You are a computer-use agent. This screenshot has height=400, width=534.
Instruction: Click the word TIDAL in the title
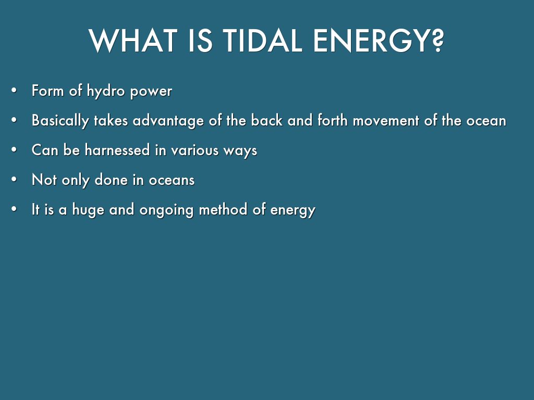[263, 41]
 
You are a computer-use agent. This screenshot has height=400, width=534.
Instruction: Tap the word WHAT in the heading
[133, 41]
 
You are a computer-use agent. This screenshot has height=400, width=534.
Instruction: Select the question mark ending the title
[435, 41]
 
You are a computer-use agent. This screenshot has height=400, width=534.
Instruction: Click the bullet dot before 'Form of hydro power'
[14, 91]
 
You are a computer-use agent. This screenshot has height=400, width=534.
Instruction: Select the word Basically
[60, 121]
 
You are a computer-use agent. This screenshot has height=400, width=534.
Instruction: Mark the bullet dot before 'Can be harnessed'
[14, 150]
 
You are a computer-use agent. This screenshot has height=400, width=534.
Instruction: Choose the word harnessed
[117, 150]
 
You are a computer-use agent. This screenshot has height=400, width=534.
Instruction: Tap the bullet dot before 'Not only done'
[14, 180]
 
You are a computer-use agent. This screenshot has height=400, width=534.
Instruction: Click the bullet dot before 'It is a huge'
[14, 209]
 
